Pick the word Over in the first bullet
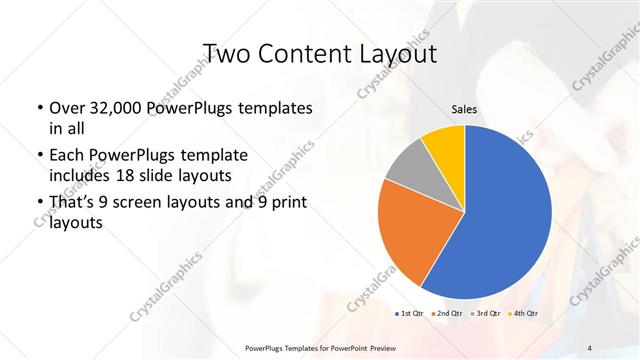point(66,108)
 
